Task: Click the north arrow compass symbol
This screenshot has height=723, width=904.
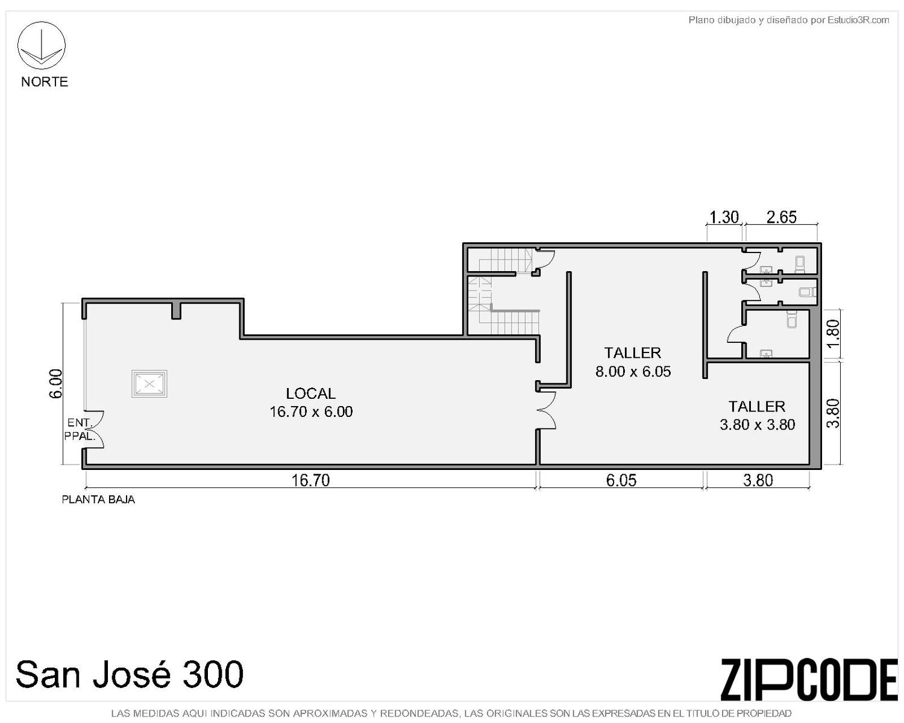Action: tap(41, 45)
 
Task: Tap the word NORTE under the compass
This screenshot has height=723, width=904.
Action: tap(45, 81)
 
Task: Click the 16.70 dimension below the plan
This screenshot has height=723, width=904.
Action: tap(311, 480)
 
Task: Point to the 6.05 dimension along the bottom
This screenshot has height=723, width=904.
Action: tap(621, 480)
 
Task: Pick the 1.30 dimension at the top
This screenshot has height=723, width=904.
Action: tap(724, 217)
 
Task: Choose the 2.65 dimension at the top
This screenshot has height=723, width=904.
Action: tap(782, 217)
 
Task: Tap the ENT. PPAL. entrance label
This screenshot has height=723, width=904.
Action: tap(80, 430)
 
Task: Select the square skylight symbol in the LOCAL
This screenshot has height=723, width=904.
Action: tap(149, 383)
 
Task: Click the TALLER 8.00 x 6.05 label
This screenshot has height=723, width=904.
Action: tap(633, 361)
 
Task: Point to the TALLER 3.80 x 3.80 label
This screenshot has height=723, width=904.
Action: tap(757, 416)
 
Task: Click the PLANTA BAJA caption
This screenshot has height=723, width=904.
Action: tap(98, 500)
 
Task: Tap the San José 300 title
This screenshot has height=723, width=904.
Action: tap(130, 674)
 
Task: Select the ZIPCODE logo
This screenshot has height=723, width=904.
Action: tap(809, 680)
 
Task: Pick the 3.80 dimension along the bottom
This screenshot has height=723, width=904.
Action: tap(758, 480)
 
